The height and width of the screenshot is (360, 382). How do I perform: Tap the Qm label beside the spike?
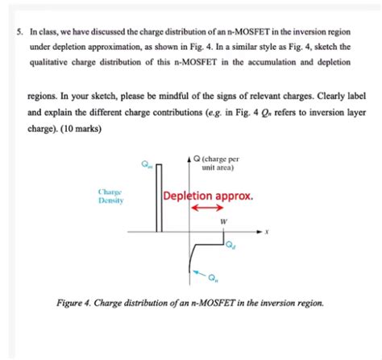tap(146, 167)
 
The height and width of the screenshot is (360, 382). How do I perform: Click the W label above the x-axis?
tap(225, 221)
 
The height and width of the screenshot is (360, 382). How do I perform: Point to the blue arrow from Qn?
tap(199, 274)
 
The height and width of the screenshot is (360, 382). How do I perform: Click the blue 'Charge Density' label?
tap(110, 197)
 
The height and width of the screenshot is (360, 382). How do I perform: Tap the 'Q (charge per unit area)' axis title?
tap(218, 163)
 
